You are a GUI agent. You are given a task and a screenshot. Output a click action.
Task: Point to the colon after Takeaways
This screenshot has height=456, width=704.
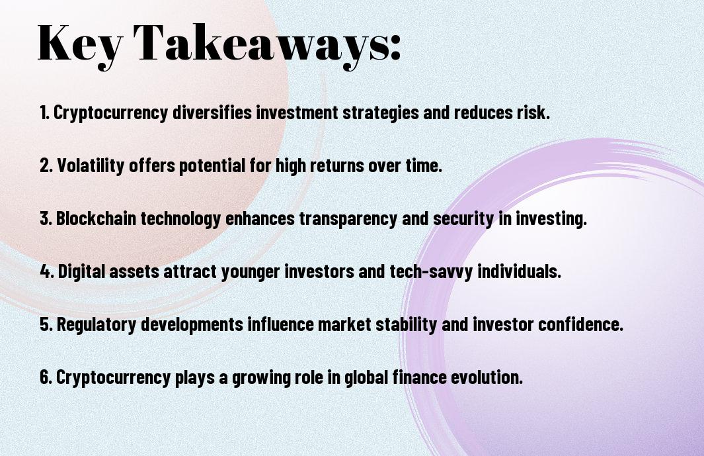point(395,47)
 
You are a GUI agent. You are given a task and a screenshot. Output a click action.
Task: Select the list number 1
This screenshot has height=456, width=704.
point(44,113)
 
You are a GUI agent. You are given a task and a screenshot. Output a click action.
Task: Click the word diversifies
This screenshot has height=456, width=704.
point(212,113)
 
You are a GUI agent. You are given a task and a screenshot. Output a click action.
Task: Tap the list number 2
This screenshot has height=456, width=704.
point(46,165)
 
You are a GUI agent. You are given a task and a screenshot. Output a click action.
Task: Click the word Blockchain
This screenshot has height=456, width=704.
point(96,218)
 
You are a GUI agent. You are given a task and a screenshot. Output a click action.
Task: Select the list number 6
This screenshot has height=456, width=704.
point(46,377)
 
